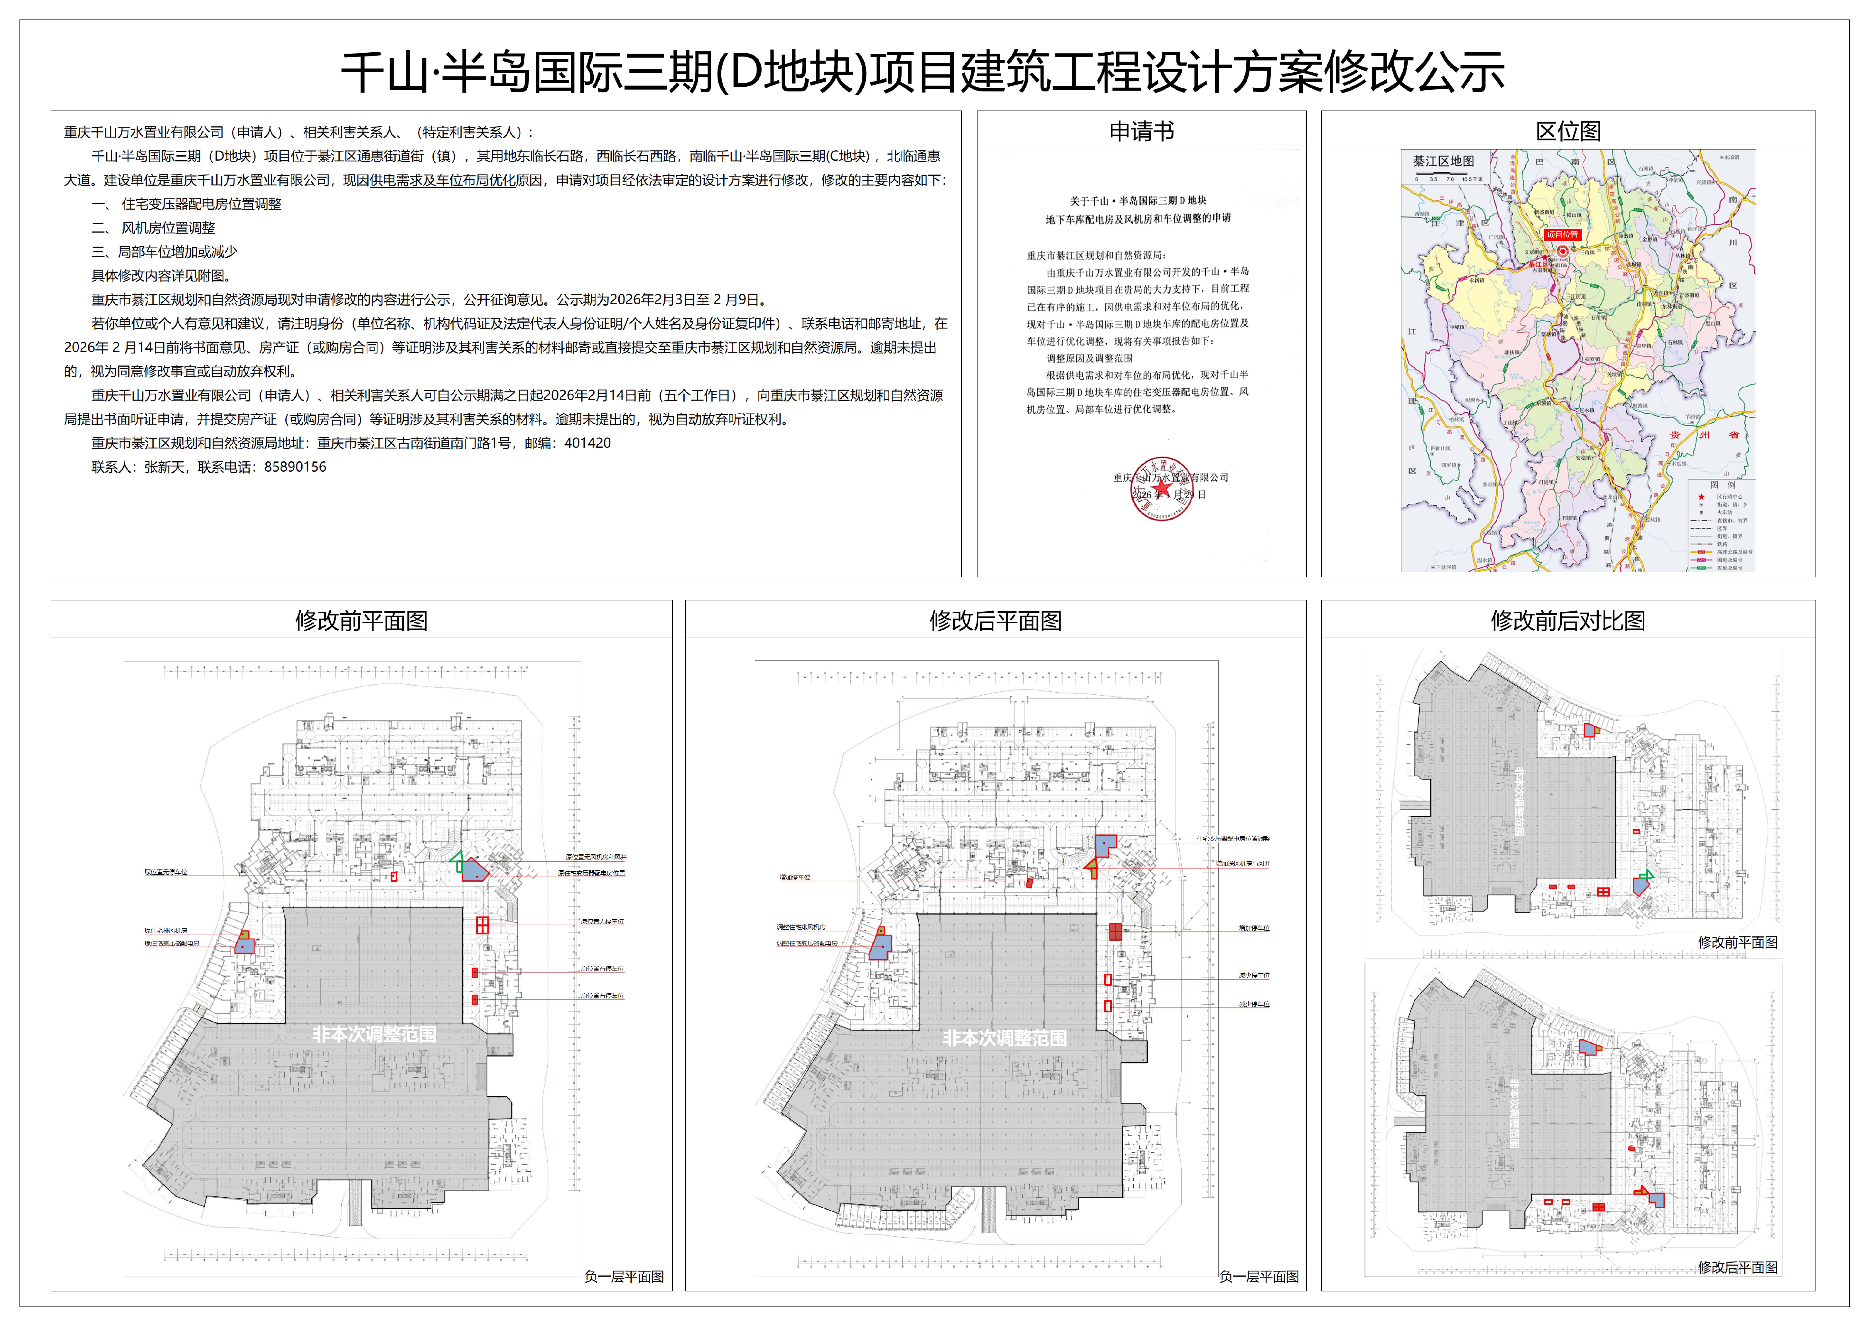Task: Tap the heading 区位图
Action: coord(1568,132)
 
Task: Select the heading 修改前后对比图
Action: coord(1568,621)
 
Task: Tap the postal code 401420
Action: coord(588,443)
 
